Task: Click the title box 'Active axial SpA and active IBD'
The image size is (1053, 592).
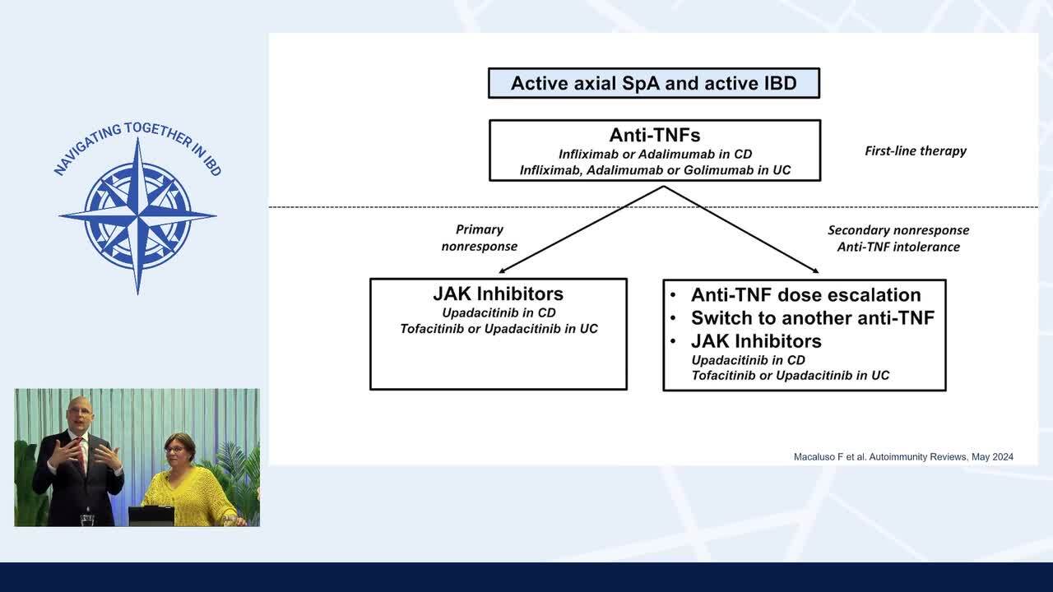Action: [654, 83]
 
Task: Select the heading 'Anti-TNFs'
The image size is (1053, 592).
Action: [654, 135]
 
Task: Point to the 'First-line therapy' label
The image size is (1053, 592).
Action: [915, 150]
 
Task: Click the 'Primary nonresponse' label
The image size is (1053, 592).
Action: [479, 238]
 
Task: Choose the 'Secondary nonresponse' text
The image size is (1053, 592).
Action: [898, 230]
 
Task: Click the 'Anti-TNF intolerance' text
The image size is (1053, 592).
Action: [898, 247]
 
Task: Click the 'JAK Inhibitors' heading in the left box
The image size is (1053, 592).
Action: [498, 294]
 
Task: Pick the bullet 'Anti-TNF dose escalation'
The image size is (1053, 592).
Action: [805, 294]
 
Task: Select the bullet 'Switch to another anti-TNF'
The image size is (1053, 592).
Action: [812, 317]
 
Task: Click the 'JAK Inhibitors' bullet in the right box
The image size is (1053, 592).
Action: [755, 340]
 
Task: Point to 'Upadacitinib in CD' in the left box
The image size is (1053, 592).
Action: [498, 312]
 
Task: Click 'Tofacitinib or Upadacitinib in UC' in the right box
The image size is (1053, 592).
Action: [790, 375]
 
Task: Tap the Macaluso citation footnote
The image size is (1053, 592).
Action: [902, 456]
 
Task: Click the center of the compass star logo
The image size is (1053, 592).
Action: [137, 215]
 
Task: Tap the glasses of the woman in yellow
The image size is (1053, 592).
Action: [175, 450]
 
